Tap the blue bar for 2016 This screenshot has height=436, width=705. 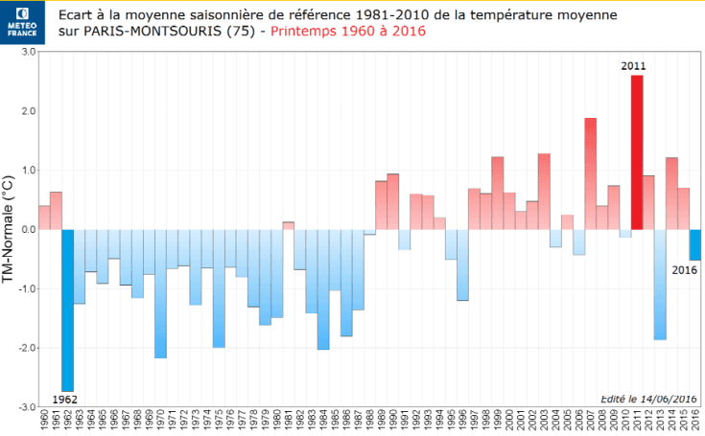695,244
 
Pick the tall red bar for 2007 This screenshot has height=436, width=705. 591,173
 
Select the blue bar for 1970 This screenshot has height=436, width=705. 160,293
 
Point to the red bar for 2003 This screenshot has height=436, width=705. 544,191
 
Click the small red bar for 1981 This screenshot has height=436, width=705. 288,225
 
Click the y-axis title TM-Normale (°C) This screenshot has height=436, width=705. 9,229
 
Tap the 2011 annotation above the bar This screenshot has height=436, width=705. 632,66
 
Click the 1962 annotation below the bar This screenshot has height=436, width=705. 65,398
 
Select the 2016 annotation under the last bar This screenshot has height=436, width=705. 685,270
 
